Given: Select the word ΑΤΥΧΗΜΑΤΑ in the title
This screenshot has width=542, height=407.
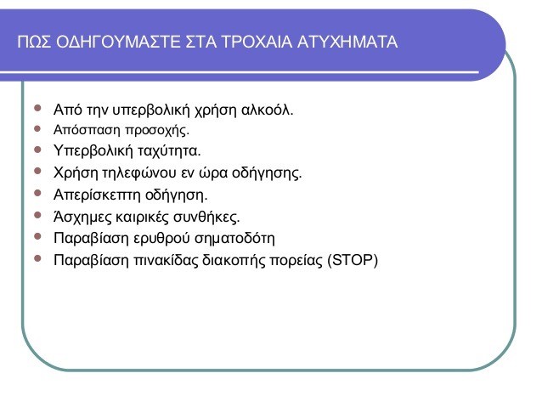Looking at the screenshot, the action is [x=347, y=42].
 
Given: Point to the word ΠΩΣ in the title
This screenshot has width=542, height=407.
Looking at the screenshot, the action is [x=34, y=42].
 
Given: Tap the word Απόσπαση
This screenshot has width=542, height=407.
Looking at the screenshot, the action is [x=87, y=130].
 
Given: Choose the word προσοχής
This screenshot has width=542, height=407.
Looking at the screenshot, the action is [x=157, y=131].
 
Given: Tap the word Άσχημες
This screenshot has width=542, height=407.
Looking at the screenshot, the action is [x=82, y=218].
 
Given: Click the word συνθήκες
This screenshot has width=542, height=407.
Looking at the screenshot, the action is [x=206, y=218].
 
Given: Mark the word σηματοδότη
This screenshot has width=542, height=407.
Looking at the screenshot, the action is [x=234, y=239].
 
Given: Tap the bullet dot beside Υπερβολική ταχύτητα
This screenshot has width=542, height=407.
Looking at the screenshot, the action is [x=37, y=150].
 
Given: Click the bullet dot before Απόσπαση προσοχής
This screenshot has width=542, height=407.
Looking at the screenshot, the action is [x=37, y=129].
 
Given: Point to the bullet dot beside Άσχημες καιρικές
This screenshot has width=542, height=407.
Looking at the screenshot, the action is [x=37, y=216].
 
